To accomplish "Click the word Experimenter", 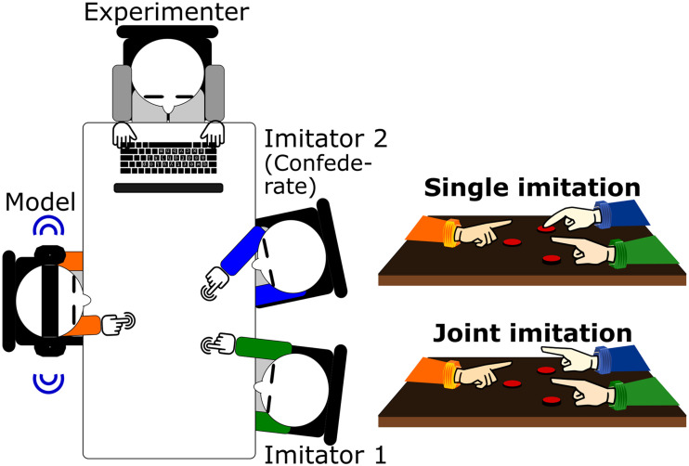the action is tap(166, 13).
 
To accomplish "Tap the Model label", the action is tap(41, 202).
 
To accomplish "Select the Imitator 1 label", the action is tap(325, 455).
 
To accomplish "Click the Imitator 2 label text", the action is tap(326, 138).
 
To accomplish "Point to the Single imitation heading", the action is tap(532, 188).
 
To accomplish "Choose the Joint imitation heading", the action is tap(532, 333).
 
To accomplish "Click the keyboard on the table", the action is tap(169, 158).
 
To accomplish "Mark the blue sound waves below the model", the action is tap(49, 382).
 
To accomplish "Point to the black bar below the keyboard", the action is tap(169, 188).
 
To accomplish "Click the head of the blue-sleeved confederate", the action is tap(292, 258).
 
